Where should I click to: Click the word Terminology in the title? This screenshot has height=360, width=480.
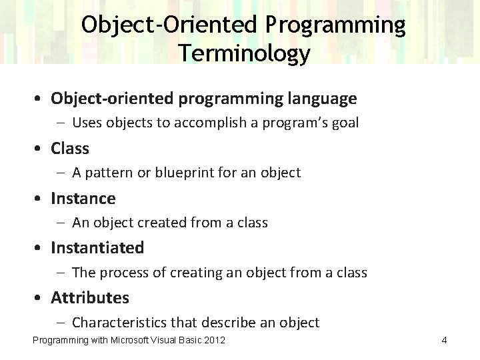[244, 53]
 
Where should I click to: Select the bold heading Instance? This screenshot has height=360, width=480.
[83, 199]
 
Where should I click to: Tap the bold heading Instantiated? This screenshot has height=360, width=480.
[97, 248]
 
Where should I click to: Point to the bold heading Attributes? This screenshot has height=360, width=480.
[90, 297]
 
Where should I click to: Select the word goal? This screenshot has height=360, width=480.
[344, 123]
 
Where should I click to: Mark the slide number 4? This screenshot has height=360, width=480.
[444, 341]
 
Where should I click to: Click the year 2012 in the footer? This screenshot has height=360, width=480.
[214, 341]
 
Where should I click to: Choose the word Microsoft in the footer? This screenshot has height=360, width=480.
[131, 341]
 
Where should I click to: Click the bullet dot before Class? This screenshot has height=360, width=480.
[41, 149]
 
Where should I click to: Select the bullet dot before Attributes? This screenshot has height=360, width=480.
[41, 298]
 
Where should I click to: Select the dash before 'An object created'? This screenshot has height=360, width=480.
[61, 223]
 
